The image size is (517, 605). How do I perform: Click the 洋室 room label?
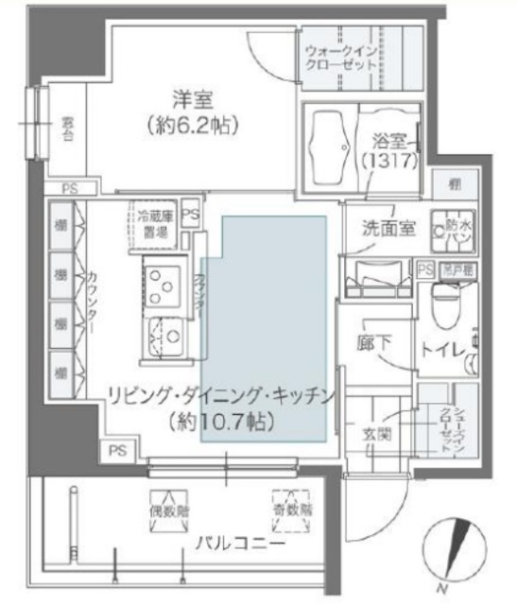pyautogui.click(x=192, y=98)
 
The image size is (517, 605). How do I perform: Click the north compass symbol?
pyautogui.click(x=457, y=549)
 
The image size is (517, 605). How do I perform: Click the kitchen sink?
pyautogui.click(x=164, y=333)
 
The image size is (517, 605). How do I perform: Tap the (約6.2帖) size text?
pyautogui.click(x=192, y=124)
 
